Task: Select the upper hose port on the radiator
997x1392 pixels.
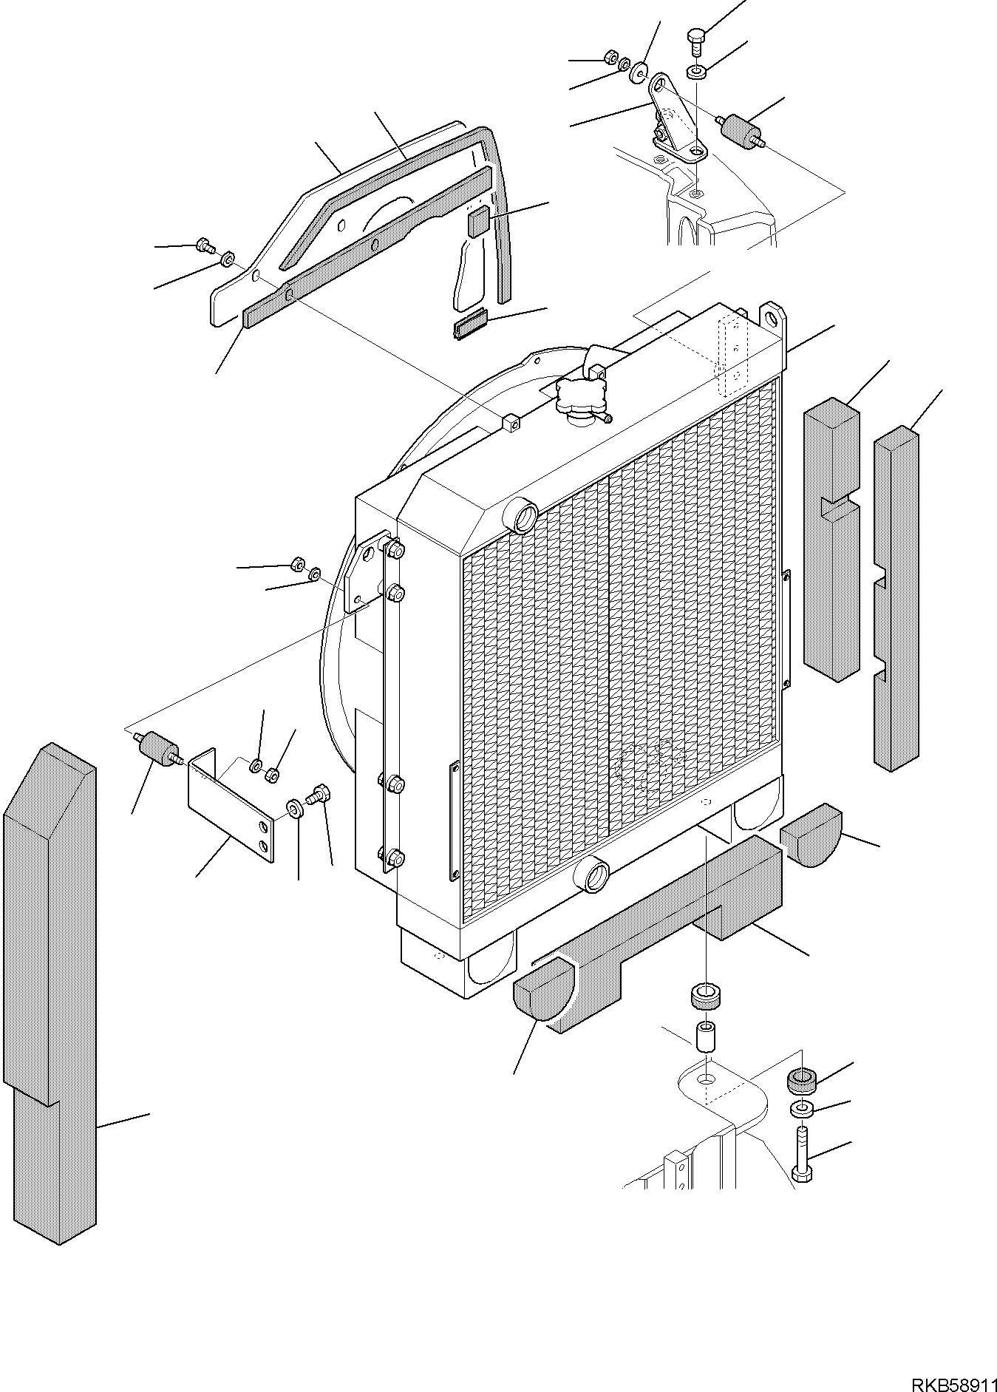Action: pos(523,515)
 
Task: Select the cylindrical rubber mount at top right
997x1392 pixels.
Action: pos(742,130)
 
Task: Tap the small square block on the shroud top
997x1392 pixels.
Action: pos(510,424)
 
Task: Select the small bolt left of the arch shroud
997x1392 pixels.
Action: pos(203,245)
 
